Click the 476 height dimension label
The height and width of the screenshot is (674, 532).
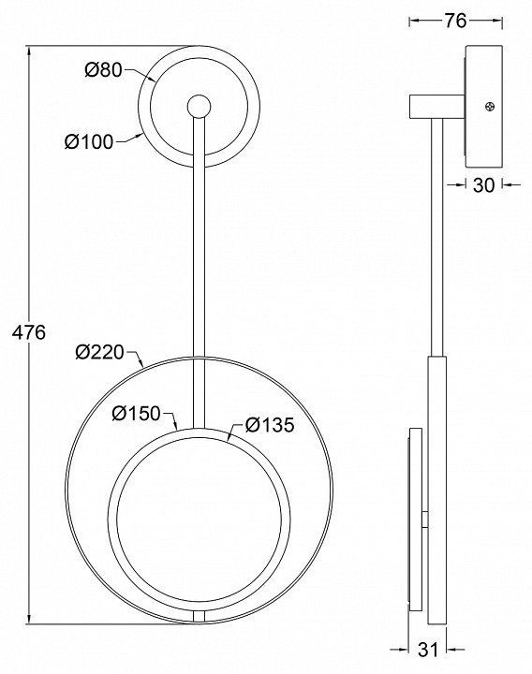pyautogui.click(x=29, y=332)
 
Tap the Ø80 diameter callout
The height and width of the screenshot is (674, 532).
pyautogui.click(x=104, y=69)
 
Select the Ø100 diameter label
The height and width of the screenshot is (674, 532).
pyautogui.click(x=90, y=141)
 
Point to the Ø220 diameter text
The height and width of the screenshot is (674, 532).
pyautogui.click(x=100, y=352)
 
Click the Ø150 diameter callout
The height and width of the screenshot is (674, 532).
pyautogui.click(x=136, y=414)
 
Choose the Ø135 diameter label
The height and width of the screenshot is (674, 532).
pyautogui.click(x=270, y=425)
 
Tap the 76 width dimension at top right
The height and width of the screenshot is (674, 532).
pyautogui.click(x=455, y=21)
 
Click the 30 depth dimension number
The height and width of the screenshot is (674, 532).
pyautogui.click(x=484, y=185)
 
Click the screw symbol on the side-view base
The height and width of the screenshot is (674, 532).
pyautogui.click(x=490, y=106)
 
